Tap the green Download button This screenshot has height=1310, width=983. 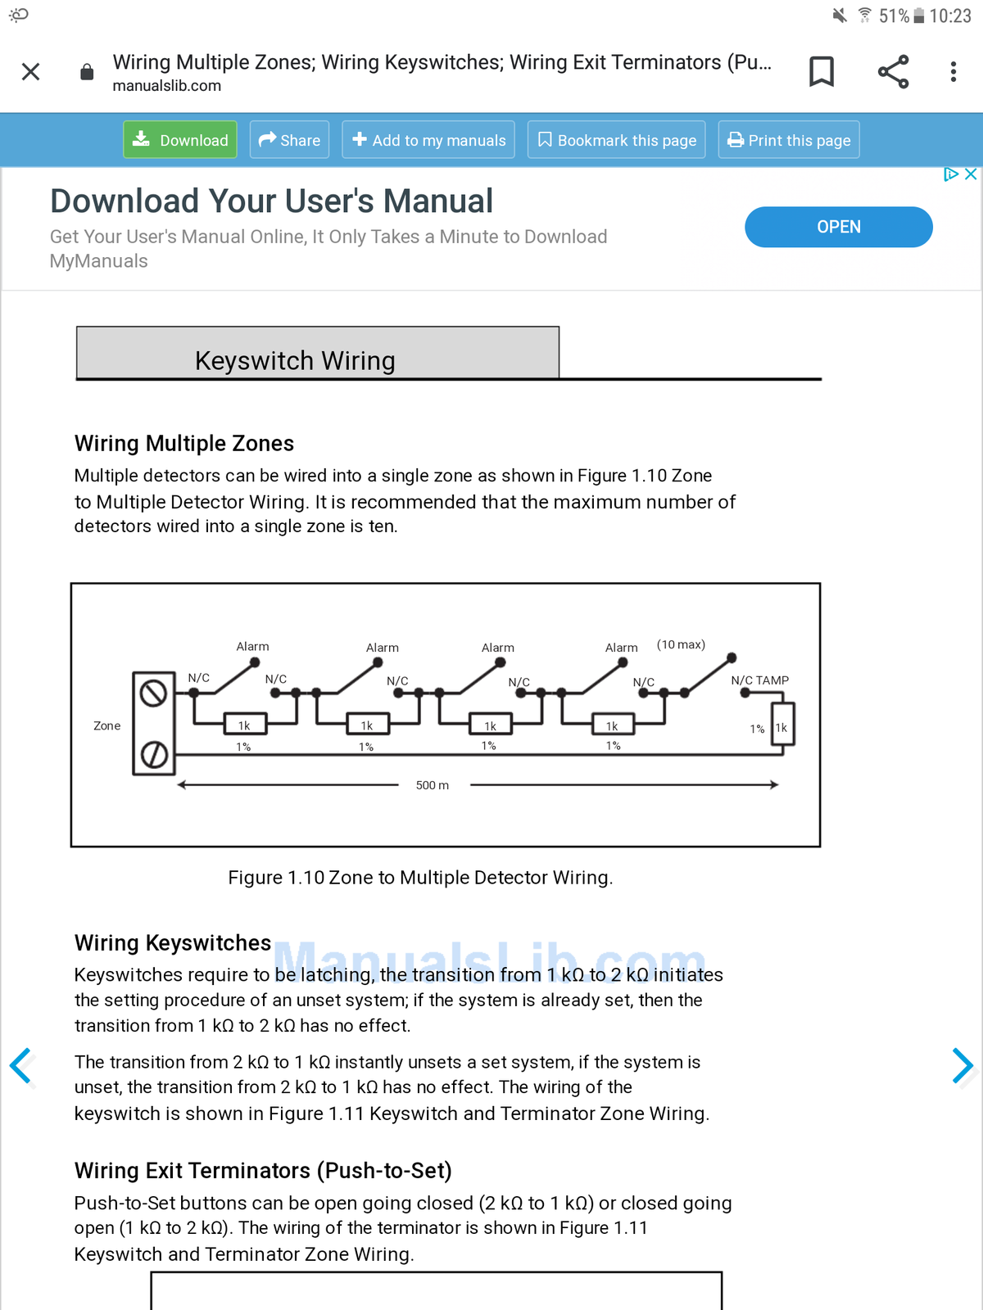tap(180, 140)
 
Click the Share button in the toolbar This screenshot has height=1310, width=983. tap(289, 140)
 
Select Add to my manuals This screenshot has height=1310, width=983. tap(428, 140)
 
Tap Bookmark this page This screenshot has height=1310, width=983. tap(617, 140)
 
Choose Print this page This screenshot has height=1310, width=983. tap(789, 140)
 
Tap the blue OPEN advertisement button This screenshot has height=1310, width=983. tap(838, 227)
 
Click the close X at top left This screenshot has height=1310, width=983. tap(31, 72)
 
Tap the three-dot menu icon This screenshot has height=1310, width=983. tap(953, 72)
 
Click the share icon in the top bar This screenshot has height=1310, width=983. tap(893, 72)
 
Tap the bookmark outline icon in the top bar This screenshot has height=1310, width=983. tap(822, 72)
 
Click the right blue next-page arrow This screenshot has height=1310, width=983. tap(963, 1066)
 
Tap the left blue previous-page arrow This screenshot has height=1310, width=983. tap(20, 1066)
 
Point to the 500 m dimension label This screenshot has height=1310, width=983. tap(433, 785)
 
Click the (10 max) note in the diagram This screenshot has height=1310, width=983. tap(681, 644)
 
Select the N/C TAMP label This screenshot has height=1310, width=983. tap(760, 680)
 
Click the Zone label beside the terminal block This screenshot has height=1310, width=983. tap(106, 725)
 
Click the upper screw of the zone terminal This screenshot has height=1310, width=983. tap(153, 693)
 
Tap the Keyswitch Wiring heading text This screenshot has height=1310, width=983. tap(295, 361)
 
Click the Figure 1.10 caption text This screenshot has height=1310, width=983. tap(420, 878)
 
